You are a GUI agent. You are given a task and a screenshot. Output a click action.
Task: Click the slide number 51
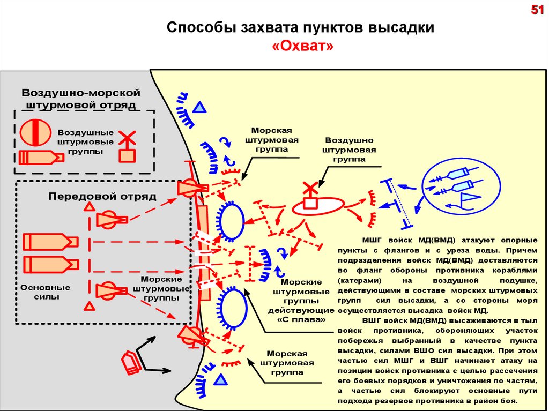(x=537, y=11)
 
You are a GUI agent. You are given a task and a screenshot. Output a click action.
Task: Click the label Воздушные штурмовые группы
(x=85, y=141)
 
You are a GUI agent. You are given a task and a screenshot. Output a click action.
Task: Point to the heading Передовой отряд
(x=102, y=196)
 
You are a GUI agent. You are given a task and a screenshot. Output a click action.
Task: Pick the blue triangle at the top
(x=199, y=108)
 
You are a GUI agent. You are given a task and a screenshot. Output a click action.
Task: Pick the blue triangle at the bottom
(x=220, y=380)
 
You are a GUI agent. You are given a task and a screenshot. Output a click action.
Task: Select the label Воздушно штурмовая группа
(x=349, y=150)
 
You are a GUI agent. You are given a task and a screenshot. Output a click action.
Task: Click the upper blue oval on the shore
(x=232, y=221)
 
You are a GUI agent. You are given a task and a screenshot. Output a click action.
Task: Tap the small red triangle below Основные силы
(x=90, y=306)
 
